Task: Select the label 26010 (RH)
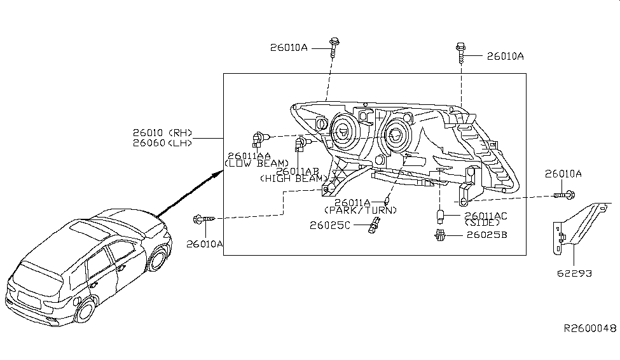coord(162,133)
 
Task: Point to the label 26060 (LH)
coord(162,143)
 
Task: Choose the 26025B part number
coord(486,235)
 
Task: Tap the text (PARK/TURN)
coord(361,210)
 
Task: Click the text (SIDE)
coord(483,224)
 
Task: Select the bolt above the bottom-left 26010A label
coord(202,219)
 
